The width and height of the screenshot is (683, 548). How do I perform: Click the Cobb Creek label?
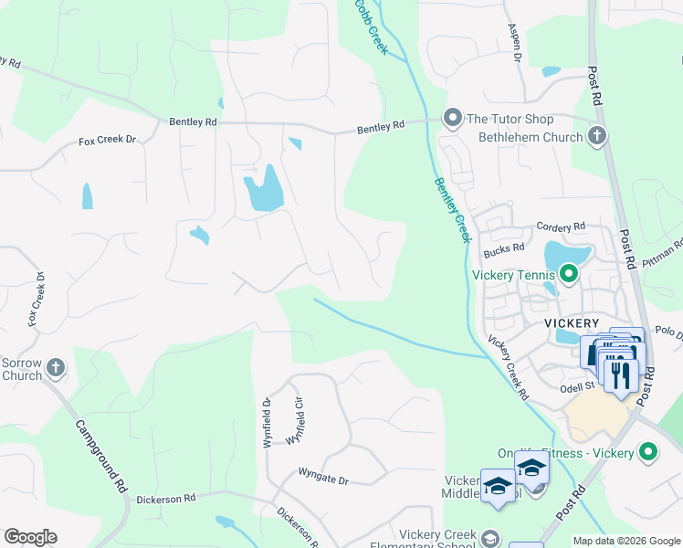[372, 26]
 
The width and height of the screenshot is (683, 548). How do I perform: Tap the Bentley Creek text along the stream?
[451, 208]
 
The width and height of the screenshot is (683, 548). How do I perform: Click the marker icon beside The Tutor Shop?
[452, 118]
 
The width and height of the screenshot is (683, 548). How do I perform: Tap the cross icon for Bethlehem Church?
[597, 137]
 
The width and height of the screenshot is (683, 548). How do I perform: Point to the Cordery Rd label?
[561, 227]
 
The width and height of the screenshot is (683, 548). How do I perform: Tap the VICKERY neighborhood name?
[572, 323]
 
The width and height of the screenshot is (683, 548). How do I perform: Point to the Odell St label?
[577, 385]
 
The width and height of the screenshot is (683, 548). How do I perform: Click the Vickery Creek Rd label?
[509, 368]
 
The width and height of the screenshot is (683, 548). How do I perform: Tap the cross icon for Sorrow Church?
[56, 368]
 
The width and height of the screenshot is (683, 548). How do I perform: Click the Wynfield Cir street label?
[295, 420]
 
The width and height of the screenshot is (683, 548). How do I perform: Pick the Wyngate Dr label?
[323, 479]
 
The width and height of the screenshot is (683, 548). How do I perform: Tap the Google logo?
[30, 537]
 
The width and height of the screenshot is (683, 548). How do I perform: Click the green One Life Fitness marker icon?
[648, 451]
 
